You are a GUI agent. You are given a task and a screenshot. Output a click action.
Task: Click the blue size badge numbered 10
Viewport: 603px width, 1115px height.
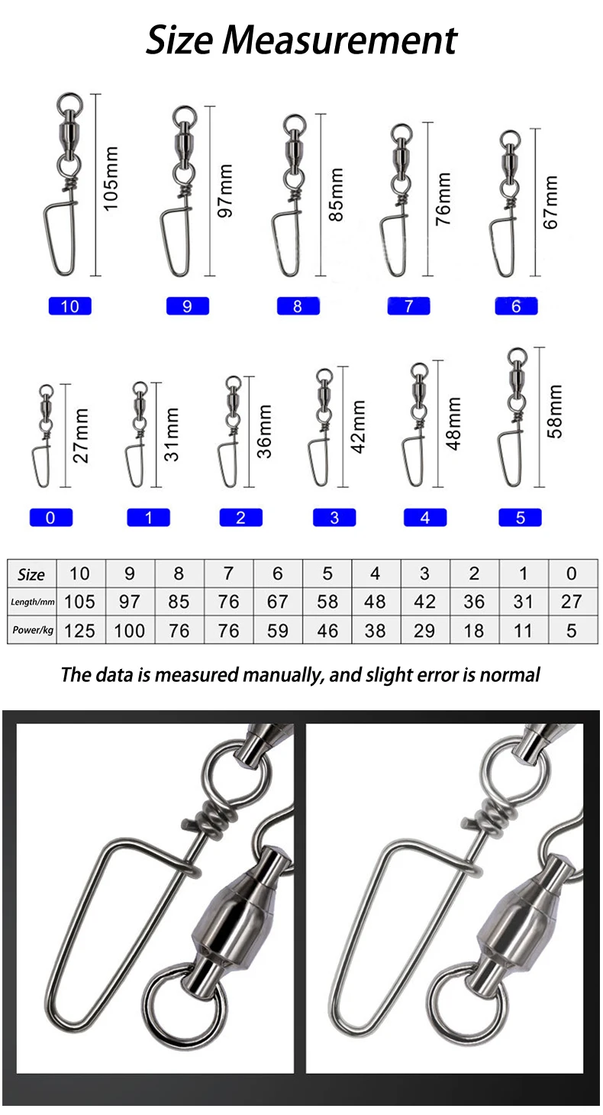click(69, 306)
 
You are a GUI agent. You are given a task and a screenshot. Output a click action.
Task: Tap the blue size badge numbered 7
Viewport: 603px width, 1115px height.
click(408, 305)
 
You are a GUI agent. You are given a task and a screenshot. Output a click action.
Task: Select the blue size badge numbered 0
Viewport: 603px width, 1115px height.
click(50, 518)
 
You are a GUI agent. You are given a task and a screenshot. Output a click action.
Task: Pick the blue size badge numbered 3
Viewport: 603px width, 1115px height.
click(334, 518)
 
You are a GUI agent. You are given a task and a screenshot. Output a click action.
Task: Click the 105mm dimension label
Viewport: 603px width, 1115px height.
click(111, 179)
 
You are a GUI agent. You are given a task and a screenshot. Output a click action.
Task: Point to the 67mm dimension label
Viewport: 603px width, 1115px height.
click(551, 202)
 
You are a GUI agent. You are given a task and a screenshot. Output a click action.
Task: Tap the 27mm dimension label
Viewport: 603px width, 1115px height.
click(81, 436)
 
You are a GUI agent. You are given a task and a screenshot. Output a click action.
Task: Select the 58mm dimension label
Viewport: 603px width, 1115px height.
click(555, 412)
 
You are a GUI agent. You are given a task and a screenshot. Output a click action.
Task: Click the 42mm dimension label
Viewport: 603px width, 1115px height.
click(358, 427)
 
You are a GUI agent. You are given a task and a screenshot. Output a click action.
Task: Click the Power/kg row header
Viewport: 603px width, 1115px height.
click(32, 630)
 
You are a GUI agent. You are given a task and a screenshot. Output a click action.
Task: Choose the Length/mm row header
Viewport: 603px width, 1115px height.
click(32, 602)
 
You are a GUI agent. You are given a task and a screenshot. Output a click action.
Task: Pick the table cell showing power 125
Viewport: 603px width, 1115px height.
click(80, 630)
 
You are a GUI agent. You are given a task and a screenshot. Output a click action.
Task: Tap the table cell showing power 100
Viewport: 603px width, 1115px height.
click(129, 630)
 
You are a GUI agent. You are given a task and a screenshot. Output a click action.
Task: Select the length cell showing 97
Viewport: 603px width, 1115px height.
click(129, 602)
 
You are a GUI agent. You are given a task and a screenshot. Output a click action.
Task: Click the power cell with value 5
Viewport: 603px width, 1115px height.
click(572, 630)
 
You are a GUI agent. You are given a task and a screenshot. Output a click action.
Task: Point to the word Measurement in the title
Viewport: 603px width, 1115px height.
click(340, 40)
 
